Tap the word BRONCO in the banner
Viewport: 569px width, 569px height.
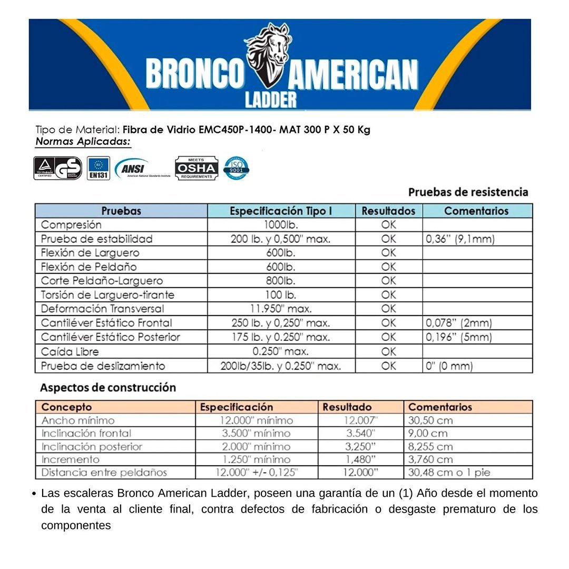195,74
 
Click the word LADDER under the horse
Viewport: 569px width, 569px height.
270,100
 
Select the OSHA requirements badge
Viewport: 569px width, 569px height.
196,168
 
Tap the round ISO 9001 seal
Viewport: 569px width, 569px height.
236,168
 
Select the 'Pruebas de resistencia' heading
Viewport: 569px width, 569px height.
468,192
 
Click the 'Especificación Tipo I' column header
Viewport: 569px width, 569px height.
281,211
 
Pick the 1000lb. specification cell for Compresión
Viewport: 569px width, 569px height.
281,225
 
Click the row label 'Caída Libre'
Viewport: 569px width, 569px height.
70,351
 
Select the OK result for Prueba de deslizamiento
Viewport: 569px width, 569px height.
388,366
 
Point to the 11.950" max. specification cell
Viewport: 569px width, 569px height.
281,309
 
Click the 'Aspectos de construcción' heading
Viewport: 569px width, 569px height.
108,388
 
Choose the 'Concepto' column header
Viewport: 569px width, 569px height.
66,407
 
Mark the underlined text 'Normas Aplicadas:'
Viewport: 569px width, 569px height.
83,142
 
